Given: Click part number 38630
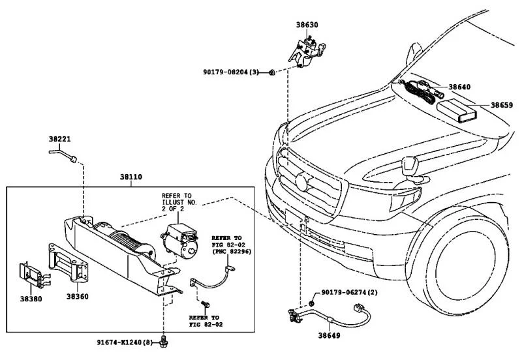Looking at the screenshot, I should tap(308, 25).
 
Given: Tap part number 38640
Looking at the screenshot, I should tap(459, 87).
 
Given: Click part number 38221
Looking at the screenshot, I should tap(60, 139).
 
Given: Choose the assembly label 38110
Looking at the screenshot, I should tap(131, 177).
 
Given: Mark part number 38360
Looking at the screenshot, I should tap(77, 297).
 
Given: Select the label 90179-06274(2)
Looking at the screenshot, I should tap(349, 294).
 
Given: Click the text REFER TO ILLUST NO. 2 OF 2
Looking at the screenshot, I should tap(177, 202).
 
